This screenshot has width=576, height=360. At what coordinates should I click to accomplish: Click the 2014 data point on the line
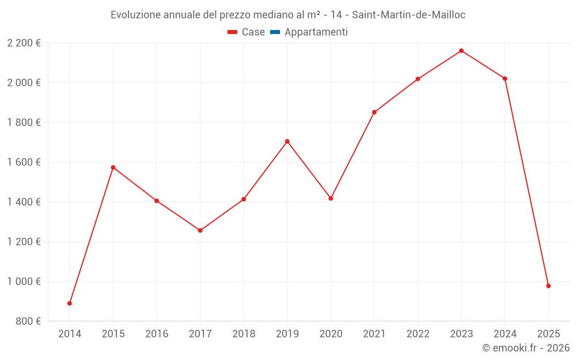pyautogui.click(x=70, y=303)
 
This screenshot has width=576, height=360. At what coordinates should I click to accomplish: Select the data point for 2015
pyautogui.click(x=113, y=168)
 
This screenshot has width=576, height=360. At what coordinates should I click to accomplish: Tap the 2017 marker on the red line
pyautogui.click(x=200, y=230)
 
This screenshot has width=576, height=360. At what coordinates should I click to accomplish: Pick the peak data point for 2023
pyautogui.click(x=461, y=51)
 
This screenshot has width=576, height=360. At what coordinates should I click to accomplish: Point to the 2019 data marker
pyautogui.click(x=287, y=141)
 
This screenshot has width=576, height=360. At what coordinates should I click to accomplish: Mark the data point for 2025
pyautogui.click(x=548, y=286)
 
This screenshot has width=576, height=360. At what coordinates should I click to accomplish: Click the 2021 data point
pyautogui.click(x=374, y=112)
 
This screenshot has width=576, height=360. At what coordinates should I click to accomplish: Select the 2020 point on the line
pyautogui.click(x=331, y=198)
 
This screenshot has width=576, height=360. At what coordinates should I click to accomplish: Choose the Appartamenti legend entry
pyautogui.click(x=316, y=32)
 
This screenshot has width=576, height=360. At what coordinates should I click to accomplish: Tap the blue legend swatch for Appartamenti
pyautogui.click(x=275, y=32)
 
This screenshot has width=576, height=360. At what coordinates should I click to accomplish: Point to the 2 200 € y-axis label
pyautogui.click(x=24, y=43)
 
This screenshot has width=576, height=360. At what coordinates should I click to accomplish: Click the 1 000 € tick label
pyautogui.click(x=24, y=281)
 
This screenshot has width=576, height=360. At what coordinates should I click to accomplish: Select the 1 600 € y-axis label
pyautogui.click(x=24, y=162)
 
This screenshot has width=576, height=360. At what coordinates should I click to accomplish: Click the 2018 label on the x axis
pyautogui.click(x=244, y=334)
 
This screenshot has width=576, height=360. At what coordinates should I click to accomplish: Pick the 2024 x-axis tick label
pyautogui.click(x=505, y=334)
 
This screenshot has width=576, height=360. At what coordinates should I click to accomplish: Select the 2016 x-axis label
pyautogui.click(x=157, y=334)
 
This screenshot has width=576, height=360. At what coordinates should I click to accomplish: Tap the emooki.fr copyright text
pyautogui.click(x=525, y=348)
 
